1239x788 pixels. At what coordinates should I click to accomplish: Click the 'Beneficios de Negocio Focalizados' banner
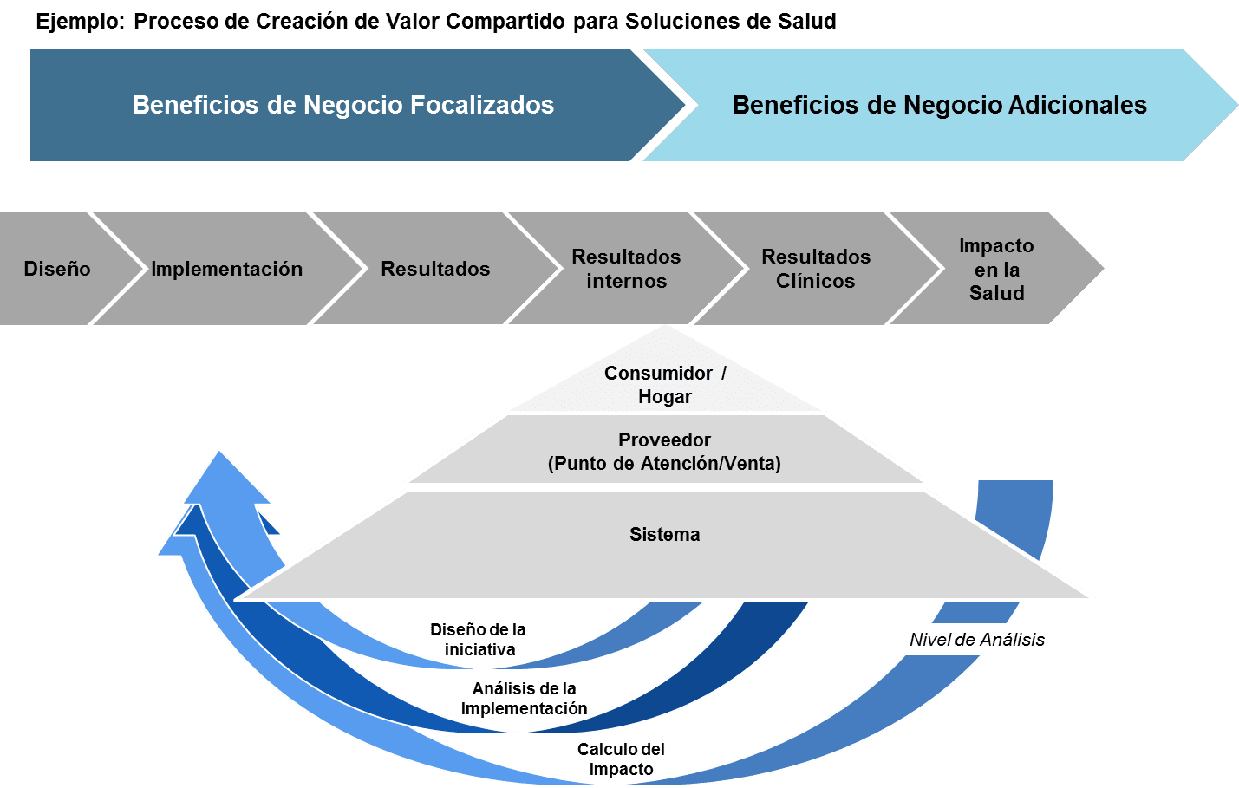(x=343, y=105)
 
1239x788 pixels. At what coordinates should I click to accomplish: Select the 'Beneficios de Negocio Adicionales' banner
(x=939, y=105)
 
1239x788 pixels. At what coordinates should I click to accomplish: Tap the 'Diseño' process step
(x=57, y=269)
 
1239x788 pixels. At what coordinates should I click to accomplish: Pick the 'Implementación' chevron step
(x=227, y=269)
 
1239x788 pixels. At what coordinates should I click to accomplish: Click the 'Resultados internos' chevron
(x=626, y=269)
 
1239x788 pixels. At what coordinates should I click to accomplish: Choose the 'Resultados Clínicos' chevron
(x=815, y=269)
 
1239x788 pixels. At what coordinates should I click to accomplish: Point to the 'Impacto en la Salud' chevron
(x=996, y=269)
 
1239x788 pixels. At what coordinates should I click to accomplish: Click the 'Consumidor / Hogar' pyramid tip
(x=665, y=384)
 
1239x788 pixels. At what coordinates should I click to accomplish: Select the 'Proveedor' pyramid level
(x=664, y=451)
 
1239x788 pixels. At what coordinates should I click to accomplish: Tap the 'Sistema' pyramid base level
(x=664, y=535)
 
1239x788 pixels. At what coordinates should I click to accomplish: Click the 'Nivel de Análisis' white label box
(x=976, y=640)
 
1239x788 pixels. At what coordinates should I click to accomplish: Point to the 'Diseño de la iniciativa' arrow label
(x=479, y=640)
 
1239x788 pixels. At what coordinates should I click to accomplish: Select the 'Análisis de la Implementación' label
(x=524, y=699)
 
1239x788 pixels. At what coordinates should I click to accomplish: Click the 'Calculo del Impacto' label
(x=621, y=759)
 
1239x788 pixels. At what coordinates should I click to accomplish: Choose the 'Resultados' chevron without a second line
(x=435, y=269)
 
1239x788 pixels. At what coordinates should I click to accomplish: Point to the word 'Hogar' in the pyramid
(x=665, y=397)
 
